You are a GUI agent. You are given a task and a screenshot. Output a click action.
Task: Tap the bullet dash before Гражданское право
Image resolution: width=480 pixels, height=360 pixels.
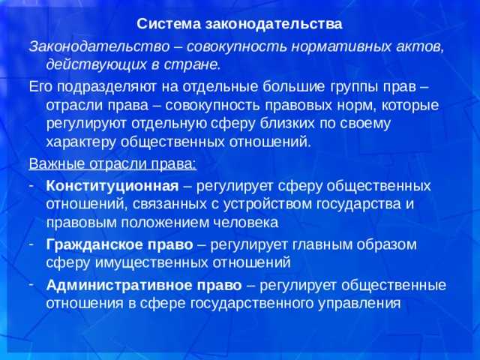(x=34, y=244)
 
